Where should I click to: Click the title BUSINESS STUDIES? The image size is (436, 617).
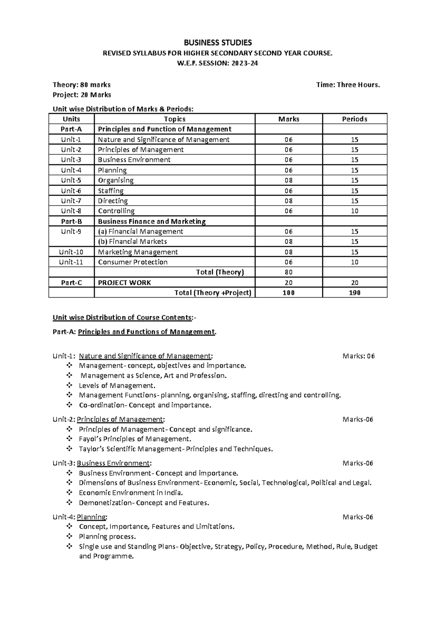click(x=218, y=43)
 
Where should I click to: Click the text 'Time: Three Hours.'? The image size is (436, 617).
click(x=348, y=85)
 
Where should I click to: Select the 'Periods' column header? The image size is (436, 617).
click(x=355, y=119)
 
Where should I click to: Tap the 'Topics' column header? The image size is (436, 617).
click(x=174, y=119)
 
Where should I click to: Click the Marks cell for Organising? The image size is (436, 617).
click(x=288, y=180)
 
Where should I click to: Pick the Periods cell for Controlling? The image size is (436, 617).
click(x=355, y=211)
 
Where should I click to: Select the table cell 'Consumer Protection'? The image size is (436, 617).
click(x=133, y=262)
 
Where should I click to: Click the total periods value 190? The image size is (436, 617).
click(x=355, y=293)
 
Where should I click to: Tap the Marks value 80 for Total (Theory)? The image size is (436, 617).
click(x=288, y=272)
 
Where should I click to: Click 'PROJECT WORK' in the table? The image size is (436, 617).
click(x=124, y=283)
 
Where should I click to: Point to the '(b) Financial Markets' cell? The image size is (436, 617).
click(x=132, y=242)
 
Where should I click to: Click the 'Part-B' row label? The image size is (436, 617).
click(x=71, y=221)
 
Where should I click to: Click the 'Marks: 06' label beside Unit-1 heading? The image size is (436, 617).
click(x=358, y=356)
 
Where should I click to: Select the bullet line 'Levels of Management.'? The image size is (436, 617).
click(x=117, y=386)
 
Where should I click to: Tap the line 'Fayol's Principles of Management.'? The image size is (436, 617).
click(x=135, y=439)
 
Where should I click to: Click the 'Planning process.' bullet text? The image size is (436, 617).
click(x=107, y=537)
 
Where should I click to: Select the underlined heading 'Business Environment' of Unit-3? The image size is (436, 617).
click(x=113, y=463)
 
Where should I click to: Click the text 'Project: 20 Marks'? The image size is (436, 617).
click(x=82, y=95)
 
